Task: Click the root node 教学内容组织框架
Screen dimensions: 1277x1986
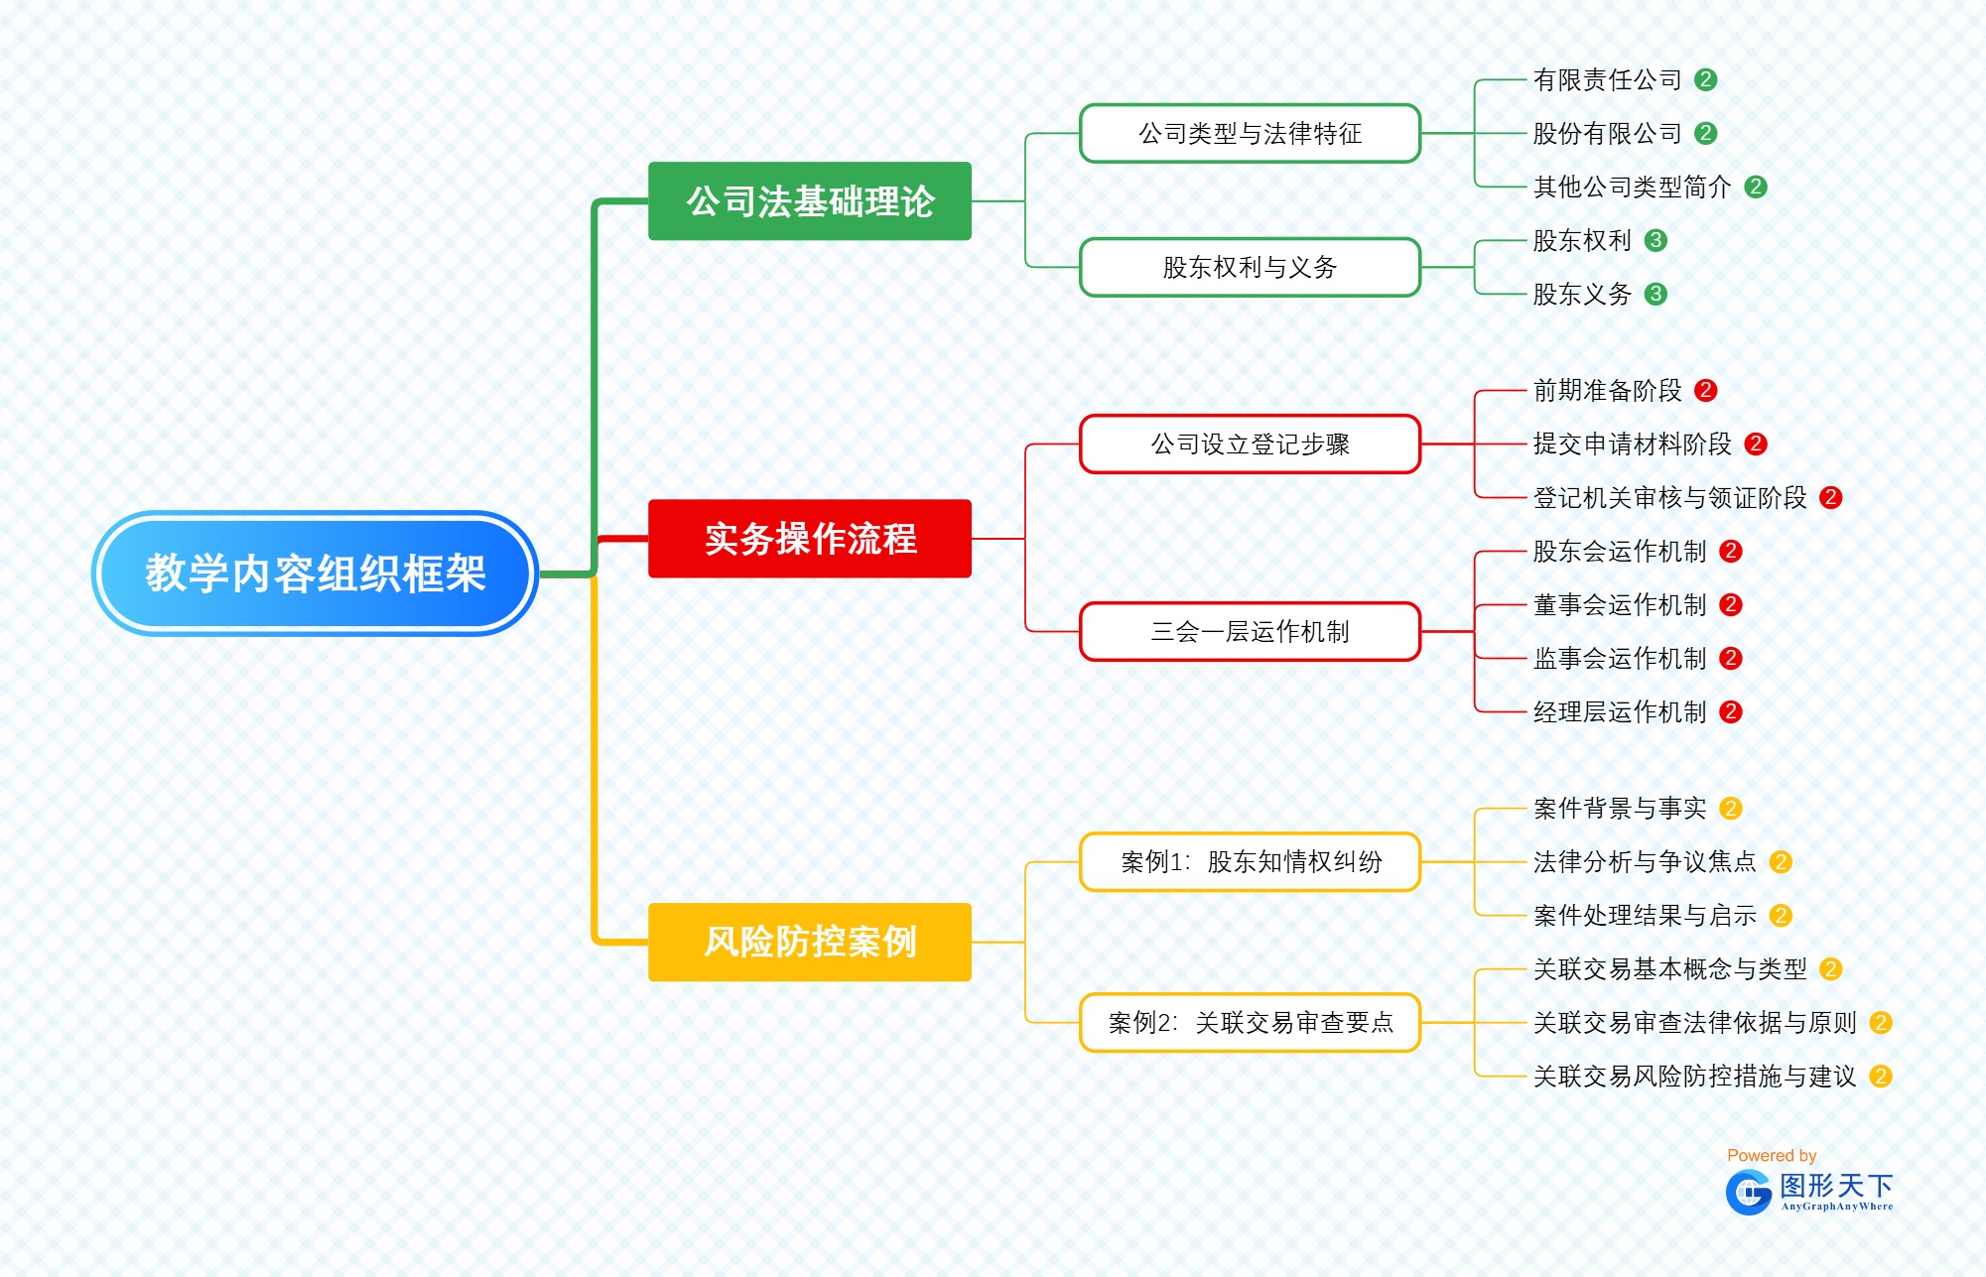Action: tap(315, 574)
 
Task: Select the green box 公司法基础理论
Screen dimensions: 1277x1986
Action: tap(809, 201)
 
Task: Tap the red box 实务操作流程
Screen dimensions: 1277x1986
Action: tap(809, 539)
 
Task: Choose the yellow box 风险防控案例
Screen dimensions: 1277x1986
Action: tap(809, 942)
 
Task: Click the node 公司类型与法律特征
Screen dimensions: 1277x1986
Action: tap(1250, 133)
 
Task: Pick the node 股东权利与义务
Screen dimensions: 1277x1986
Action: tap(1250, 267)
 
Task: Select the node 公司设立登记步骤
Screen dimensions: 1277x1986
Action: tap(1250, 444)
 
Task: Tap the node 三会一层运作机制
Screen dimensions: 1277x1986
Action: tap(1250, 631)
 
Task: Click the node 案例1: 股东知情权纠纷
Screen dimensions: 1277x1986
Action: tap(1250, 861)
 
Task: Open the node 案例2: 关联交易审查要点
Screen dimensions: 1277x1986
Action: tap(1250, 1022)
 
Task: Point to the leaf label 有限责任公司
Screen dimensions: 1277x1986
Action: tap(1607, 79)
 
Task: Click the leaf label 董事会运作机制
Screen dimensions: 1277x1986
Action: tap(1619, 604)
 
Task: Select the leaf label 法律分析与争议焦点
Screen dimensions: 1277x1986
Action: tap(1644, 861)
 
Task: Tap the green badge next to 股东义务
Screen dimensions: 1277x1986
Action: tap(1655, 294)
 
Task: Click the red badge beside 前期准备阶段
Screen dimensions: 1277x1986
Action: tap(1705, 390)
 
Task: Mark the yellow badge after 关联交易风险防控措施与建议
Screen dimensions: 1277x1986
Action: tap(1880, 1076)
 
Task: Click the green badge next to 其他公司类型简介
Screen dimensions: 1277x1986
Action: tap(1755, 187)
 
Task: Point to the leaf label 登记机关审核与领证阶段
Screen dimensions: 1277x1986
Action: tap(1669, 497)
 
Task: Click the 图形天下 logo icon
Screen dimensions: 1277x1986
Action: tap(1748, 1192)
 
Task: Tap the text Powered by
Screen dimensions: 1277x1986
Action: tap(1771, 1155)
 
